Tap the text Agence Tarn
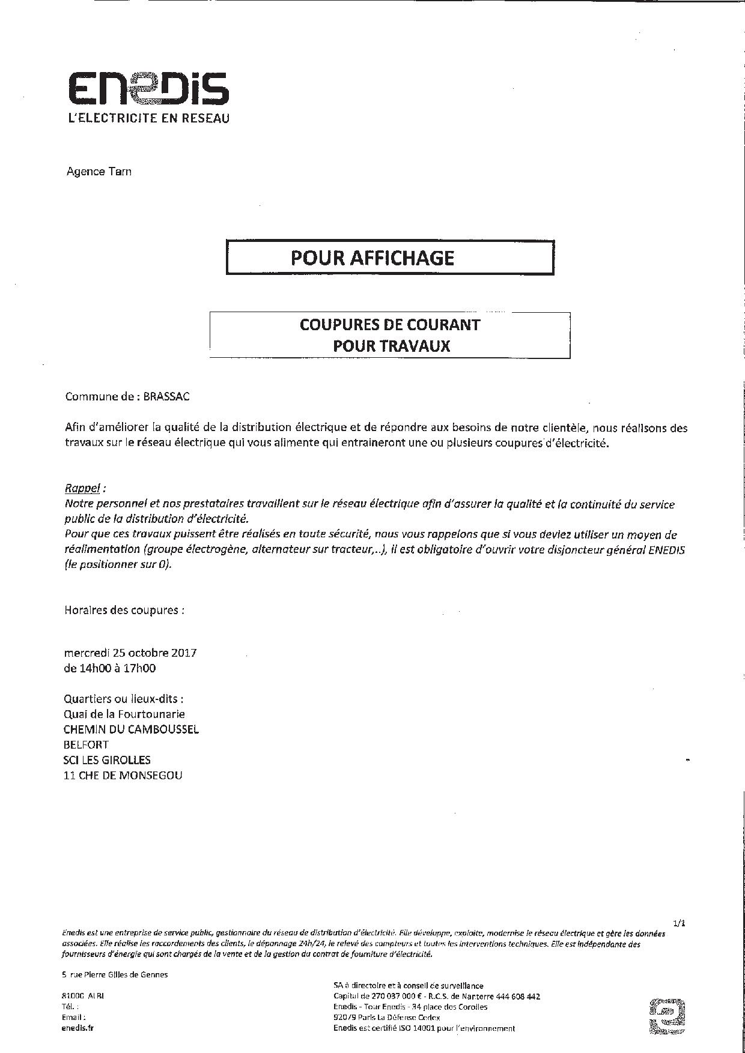click(99, 172)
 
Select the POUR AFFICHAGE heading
click(372, 258)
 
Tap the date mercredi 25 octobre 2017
click(130, 653)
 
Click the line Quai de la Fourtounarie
click(124, 714)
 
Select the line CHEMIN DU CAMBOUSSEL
click(131, 729)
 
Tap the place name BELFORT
click(86, 744)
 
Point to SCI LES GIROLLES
click(107, 760)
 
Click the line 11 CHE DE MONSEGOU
click(123, 775)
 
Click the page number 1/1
click(679, 924)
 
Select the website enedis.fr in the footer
click(78, 1027)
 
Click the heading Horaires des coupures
click(124, 610)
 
